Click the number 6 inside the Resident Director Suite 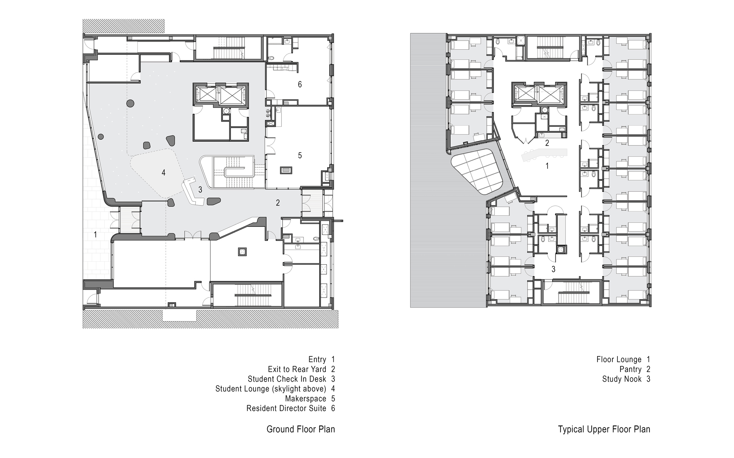300,84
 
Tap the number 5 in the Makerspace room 300,155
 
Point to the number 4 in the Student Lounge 164,173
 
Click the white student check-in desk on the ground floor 191,193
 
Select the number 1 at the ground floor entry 96,235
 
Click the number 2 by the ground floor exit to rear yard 278,203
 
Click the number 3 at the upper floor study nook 554,270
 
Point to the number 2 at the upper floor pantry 547,143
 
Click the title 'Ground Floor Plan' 300,429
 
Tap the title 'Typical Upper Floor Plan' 604,429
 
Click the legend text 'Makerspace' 305,398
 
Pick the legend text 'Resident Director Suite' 286,408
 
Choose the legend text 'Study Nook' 622,379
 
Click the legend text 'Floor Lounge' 619,359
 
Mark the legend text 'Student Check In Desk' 287,379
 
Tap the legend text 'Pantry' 630,369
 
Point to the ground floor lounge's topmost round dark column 130,102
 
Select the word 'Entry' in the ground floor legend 317,359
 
